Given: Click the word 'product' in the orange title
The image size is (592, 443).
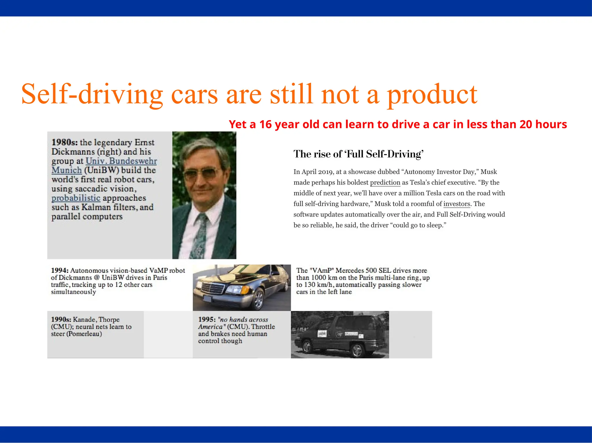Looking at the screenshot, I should [x=432, y=95].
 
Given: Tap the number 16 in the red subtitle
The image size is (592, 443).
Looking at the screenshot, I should [x=266, y=125].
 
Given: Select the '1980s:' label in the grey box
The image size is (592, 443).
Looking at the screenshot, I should [x=64, y=142].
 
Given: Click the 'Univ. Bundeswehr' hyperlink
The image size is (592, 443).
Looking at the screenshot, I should [x=121, y=161].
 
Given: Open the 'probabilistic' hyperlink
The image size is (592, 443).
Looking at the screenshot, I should [x=76, y=198].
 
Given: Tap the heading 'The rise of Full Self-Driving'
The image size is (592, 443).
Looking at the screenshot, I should [x=358, y=154].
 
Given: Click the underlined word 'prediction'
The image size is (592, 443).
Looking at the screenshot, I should [x=385, y=183].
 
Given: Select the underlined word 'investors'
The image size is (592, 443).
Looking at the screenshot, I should [x=457, y=204].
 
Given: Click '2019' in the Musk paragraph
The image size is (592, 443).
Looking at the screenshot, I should [x=325, y=172].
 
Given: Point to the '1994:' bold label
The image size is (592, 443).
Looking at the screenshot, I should [x=60, y=271].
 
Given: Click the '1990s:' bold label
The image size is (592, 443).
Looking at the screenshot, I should [x=61, y=320].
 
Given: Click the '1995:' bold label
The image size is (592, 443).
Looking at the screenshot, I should [x=207, y=320].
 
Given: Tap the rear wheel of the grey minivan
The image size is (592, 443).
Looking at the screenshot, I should [x=357, y=351].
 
